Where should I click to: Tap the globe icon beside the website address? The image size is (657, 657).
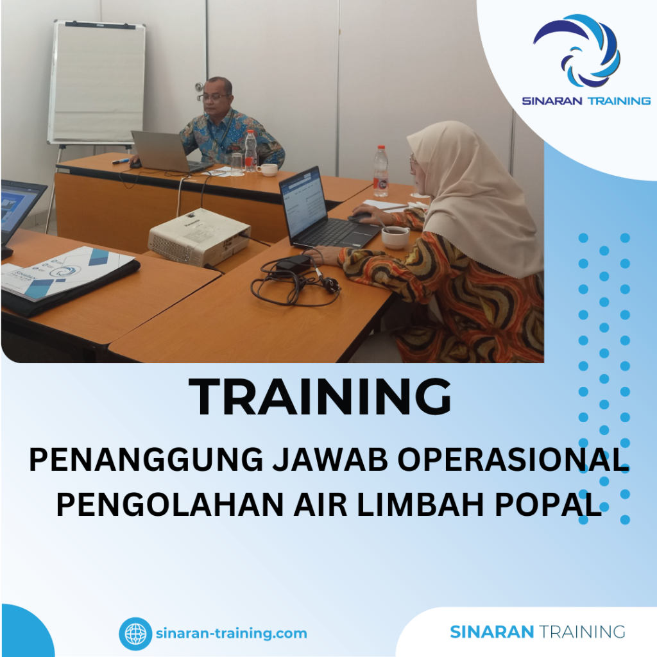[x=135, y=634]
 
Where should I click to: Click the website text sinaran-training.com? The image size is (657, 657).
[x=231, y=634]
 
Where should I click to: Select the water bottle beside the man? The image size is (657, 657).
[x=250, y=151]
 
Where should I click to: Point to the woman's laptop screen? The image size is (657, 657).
[x=305, y=201]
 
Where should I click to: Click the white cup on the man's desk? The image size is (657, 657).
[x=268, y=169]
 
